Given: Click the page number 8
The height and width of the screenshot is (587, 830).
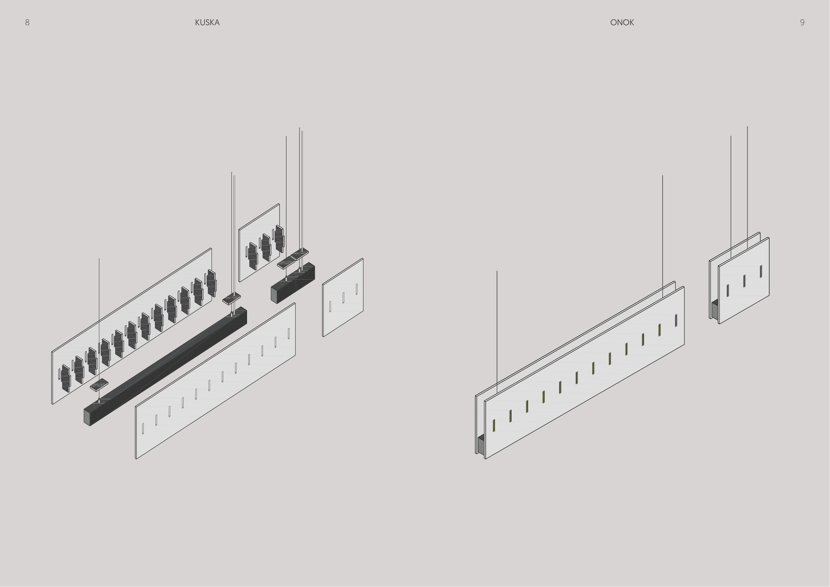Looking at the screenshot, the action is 27,22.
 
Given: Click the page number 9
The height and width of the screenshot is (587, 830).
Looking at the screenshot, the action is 802,22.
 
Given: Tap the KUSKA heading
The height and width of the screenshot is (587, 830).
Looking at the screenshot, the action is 207,22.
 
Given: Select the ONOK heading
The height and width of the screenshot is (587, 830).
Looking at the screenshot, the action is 622,22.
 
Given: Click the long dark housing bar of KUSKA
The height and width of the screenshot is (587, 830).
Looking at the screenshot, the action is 166,366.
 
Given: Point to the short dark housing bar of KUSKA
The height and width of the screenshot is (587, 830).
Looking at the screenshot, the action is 293,283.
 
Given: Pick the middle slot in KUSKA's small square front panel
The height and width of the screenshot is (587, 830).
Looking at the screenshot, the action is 343,298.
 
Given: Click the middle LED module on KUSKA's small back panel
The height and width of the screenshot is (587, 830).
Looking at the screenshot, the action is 266,247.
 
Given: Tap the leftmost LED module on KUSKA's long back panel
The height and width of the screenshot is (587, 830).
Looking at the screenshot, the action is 65,378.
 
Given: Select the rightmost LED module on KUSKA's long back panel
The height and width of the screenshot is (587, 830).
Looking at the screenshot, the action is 211,283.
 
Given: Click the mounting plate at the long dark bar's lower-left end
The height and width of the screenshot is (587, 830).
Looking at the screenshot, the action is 99,385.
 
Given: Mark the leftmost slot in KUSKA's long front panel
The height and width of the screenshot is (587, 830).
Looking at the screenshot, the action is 143,429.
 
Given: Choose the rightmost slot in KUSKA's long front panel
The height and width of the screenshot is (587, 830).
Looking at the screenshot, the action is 289,333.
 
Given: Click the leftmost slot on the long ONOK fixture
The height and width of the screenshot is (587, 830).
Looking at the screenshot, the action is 494,425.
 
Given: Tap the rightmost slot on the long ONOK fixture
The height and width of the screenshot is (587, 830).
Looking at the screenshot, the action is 676,320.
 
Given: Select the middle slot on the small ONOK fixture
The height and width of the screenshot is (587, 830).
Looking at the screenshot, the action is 744,281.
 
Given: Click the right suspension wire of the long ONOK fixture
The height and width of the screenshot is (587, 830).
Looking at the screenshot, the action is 663,237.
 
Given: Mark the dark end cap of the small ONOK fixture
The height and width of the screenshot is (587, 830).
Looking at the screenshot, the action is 715,309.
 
